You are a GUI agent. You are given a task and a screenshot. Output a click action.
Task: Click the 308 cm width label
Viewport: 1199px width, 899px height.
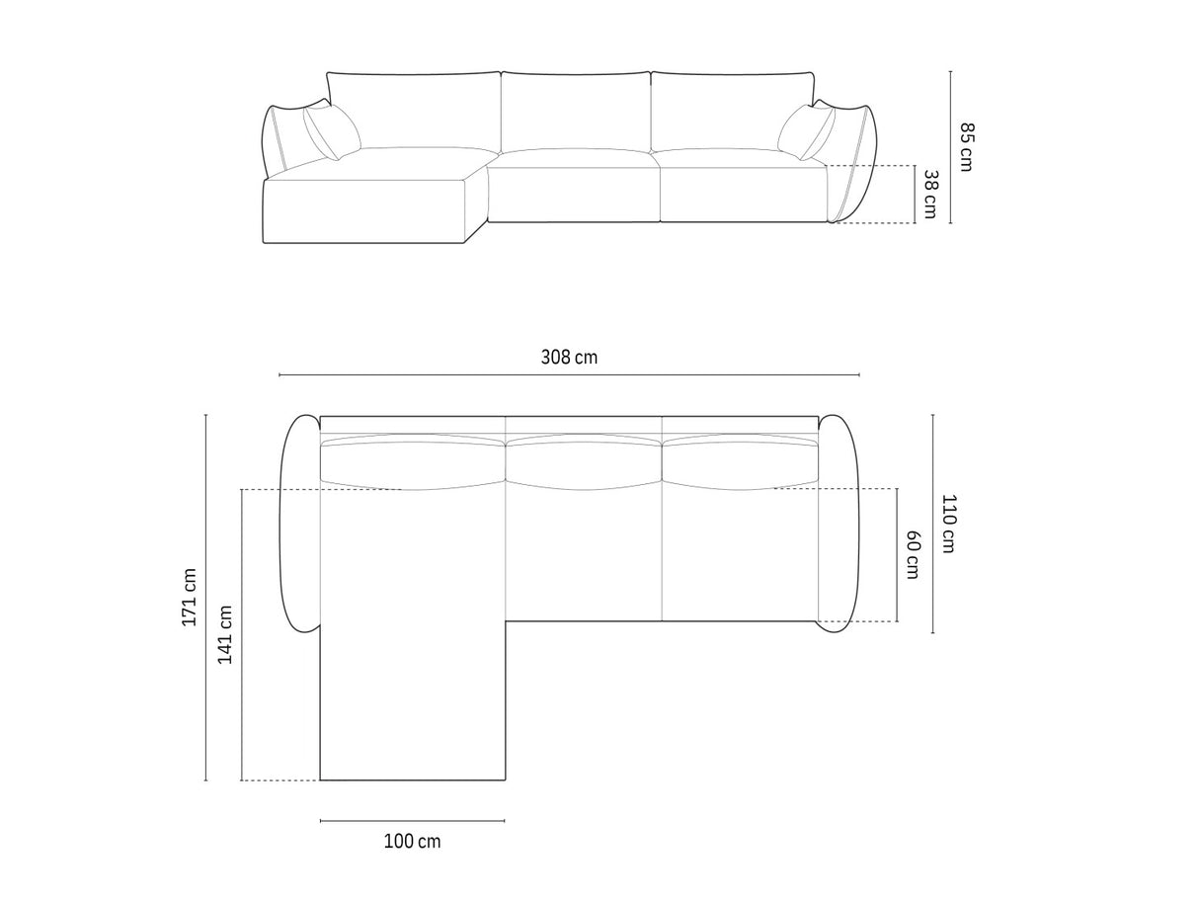[569, 358]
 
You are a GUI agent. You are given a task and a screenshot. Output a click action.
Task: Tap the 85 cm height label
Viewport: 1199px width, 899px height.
[966, 147]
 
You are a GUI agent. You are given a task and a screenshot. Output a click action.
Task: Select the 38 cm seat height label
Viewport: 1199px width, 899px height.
[929, 194]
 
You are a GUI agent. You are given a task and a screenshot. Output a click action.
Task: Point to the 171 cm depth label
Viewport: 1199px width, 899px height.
[189, 598]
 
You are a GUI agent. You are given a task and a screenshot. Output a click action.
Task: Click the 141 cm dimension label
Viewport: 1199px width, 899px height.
[225, 634]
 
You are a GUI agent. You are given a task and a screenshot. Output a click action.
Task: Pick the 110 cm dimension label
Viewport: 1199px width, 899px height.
[949, 524]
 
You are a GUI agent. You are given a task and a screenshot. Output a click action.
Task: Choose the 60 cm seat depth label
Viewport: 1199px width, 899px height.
[913, 555]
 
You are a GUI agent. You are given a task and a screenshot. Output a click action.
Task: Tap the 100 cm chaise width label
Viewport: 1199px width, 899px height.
[412, 841]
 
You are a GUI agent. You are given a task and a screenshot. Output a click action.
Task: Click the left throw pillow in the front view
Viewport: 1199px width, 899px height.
[332, 131]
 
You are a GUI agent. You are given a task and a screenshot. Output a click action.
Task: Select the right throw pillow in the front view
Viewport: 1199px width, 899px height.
[806, 131]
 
